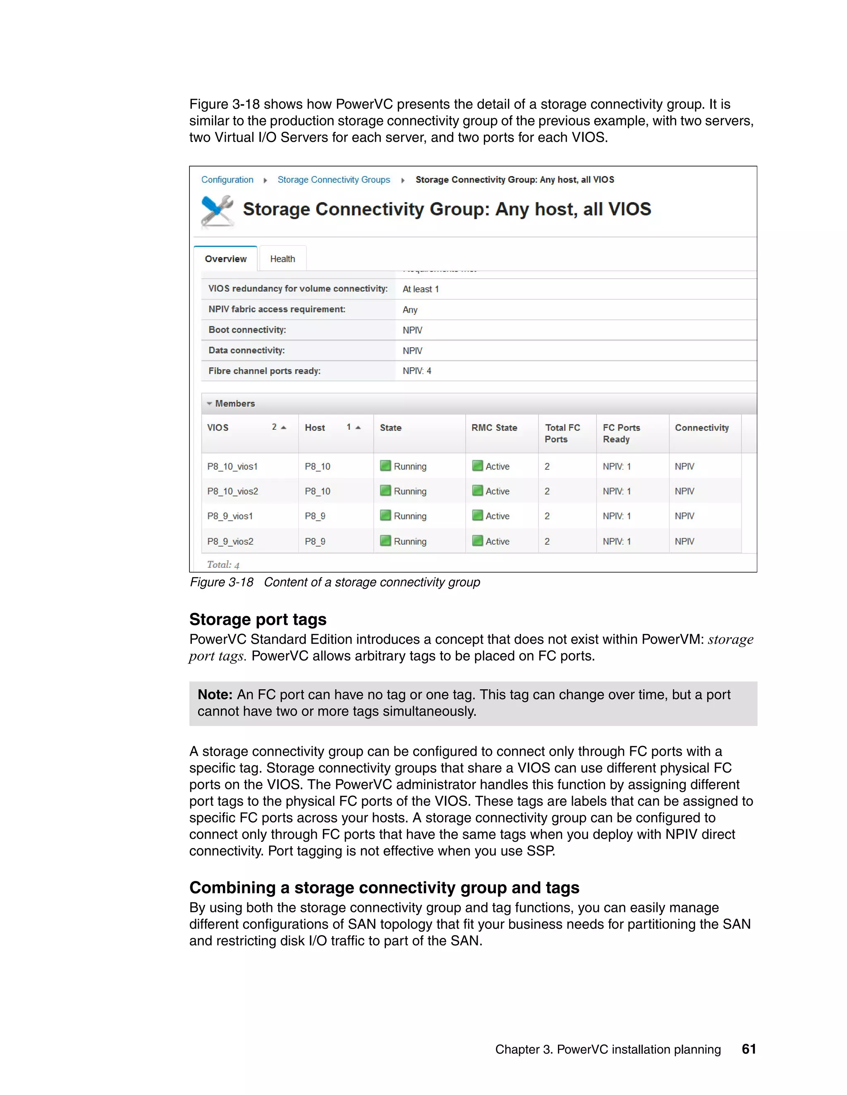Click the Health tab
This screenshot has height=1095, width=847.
click(282, 259)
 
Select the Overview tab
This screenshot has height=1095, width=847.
click(225, 259)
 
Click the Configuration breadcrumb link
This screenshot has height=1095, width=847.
click(227, 179)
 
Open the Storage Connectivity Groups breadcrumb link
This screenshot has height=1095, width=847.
click(334, 179)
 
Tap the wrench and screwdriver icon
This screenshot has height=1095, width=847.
click(217, 211)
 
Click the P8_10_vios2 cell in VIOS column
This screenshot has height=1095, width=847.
click(232, 491)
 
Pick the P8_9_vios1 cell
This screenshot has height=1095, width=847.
click(230, 516)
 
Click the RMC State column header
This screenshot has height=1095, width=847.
click(494, 428)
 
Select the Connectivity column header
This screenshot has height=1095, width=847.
click(701, 428)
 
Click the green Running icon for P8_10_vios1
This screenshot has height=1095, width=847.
click(385, 466)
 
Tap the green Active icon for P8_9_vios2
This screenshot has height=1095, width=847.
click(477, 540)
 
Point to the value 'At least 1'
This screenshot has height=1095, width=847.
click(421, 289)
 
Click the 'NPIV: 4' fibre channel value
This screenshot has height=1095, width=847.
click(416, 371)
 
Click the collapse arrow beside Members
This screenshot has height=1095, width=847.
click(209, 404)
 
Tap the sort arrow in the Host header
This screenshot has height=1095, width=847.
click(358, 428)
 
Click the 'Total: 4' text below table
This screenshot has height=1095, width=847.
click(223, 564)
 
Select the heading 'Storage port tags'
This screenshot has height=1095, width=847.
click(257, 620)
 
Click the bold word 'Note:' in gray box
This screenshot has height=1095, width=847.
click(215, 695)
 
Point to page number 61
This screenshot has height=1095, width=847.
click(749, 1049)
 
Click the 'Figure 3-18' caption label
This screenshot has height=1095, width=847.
click(221, 582)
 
